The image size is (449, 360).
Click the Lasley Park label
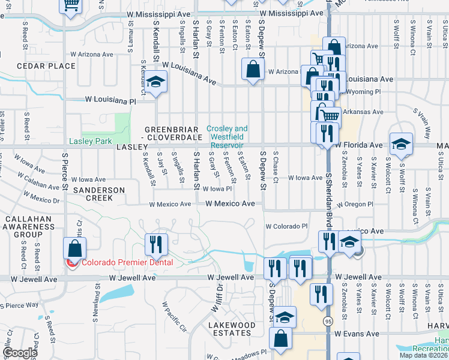pyautogui.click(x=90, y=142)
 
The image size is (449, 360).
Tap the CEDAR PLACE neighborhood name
pyautogui.click(x=41, y=65)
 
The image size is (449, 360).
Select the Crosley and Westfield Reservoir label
pyautogui.click(x=226, y=137)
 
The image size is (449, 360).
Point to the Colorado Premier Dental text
pyautogui.click(x=127, y=262)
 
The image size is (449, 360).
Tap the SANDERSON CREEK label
pyautogui.click(x=98, y=193)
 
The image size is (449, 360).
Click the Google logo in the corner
pyautogui.click(x=20, y=353)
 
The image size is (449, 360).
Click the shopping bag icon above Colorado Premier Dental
pyautogui.click(x=75, y=247)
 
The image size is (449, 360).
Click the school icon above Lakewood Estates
pyautogui.click(x=285, y=316)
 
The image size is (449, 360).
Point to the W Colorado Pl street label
pyautogui.click(x=286, y=226)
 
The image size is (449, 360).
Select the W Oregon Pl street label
pyautogui.click(x=354, y=204)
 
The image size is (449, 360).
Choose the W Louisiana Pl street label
pyautogui.click(x=110, y=101)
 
